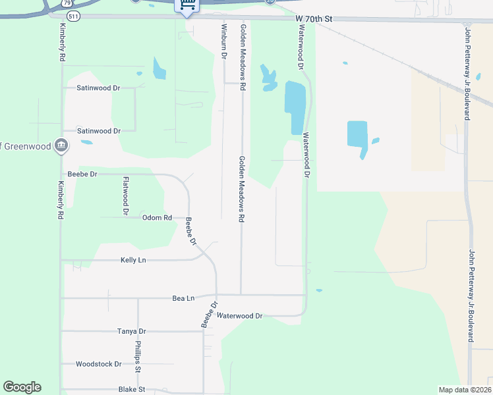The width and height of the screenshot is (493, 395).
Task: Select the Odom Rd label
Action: pos(157,217)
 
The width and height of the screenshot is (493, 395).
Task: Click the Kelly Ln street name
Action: pos(133,260)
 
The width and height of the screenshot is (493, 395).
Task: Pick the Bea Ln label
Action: pos(183,298)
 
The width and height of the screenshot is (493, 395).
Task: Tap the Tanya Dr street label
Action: pos(131,331)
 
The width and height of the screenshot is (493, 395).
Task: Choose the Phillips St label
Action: pos(138,355)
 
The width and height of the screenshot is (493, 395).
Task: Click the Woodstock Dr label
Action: pos(99,363)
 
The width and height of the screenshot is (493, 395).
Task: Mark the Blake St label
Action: pos(131,390)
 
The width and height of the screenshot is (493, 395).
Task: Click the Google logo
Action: pos(22,387)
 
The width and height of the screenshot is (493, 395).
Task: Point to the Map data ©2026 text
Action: pos(464,390)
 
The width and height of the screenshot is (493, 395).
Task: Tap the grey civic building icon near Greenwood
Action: pos(61,145)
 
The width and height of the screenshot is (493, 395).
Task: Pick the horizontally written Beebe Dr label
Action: pos(82,174)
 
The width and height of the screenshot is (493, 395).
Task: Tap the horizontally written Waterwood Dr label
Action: pos(240,316)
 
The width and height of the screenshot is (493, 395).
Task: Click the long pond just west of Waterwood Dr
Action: pos(295,105)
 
